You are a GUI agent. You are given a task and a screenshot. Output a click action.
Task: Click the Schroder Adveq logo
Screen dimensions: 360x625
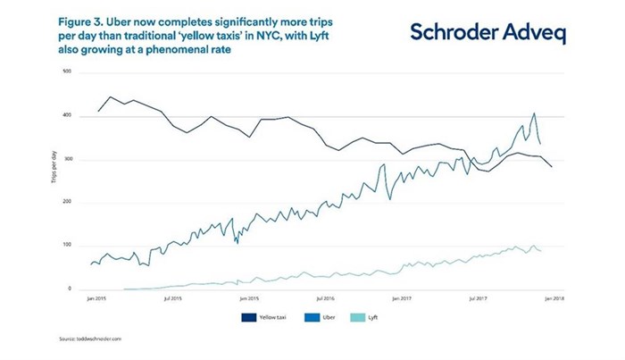tap(487, 32)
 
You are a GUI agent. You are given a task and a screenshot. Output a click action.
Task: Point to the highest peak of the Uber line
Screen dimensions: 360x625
tap(534, 113)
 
